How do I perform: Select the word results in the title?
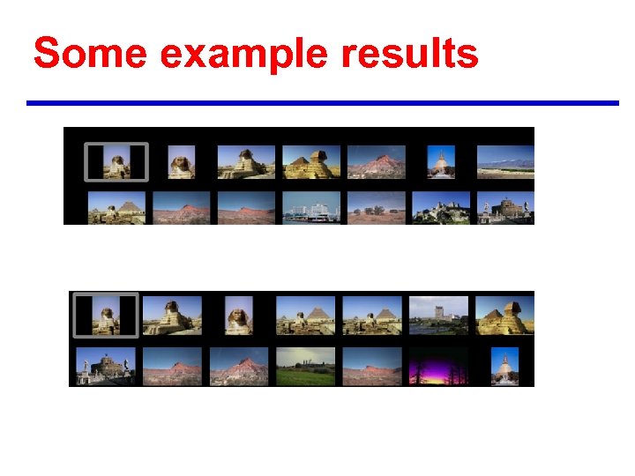(410, 54)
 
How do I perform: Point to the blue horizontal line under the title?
(322, 103)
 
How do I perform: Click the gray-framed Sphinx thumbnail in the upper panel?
(116, 162)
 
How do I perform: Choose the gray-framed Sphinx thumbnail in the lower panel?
(105, 315)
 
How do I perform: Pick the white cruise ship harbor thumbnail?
(310, 207)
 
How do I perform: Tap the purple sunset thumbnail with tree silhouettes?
(438, 366)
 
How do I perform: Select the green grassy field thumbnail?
(305, 366)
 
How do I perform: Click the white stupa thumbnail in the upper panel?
(440, 162)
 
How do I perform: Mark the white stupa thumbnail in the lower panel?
(505, 366)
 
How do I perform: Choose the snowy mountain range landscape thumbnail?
(504, 162)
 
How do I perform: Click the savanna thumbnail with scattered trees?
(377, 207)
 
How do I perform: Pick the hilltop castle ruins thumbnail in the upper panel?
(441, 207)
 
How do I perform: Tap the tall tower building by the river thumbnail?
(438, 315)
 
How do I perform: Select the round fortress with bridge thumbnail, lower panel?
(106, 366)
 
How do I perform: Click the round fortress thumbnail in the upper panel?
(504, 207)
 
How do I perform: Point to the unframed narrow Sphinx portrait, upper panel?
(181, 162)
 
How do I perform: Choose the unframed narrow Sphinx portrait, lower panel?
(239, 315)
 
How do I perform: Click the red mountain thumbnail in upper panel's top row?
(377, 162)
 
